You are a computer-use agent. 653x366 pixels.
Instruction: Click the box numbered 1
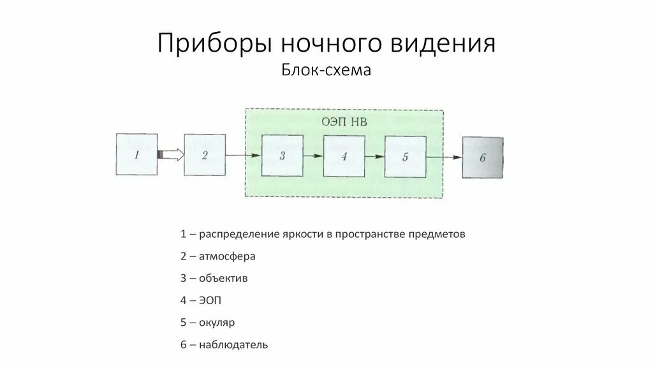click(137, 154)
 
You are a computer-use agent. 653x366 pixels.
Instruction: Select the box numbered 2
click(205, 155)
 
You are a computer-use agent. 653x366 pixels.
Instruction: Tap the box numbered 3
click(282, 156)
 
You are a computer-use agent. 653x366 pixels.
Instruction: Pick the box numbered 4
click(344, 156)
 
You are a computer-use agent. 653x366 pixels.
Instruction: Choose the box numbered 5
click(406, 156)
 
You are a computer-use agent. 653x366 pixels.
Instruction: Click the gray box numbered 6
click(483, 157)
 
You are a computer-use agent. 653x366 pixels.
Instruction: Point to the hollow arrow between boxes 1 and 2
click(171, 154)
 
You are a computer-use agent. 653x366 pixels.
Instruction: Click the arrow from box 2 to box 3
click(243, 156)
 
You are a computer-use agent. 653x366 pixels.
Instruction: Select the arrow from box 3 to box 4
click(313, 156)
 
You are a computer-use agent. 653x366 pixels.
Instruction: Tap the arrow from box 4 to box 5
click(375, 156)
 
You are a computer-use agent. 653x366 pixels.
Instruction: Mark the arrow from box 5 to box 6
click(444, 157)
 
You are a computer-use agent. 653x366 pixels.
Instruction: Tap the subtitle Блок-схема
click(326, 70)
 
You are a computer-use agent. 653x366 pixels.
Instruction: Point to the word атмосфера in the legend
click(227, 256)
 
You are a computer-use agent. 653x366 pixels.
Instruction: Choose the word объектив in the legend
click(223, 278)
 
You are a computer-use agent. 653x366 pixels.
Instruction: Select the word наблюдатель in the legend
click(233, 345)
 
